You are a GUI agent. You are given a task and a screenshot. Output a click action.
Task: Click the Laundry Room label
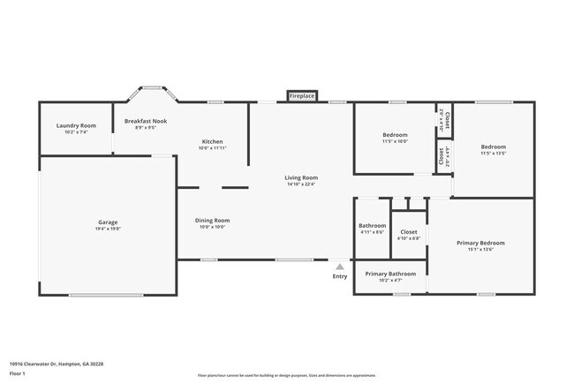76,126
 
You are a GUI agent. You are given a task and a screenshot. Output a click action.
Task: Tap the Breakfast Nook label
146,121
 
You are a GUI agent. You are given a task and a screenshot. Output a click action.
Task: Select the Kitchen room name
212,141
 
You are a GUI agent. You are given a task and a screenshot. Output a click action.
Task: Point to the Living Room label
301,177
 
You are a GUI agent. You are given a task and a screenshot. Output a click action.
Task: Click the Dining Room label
212,220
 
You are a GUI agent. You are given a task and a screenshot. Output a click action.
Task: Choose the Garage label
108,222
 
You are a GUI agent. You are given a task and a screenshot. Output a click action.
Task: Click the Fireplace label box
302,95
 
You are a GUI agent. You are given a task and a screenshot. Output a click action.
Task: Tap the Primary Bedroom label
480,243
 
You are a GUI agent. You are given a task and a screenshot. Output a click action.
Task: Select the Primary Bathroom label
389,274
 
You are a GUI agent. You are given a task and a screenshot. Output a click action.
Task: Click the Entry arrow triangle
340,266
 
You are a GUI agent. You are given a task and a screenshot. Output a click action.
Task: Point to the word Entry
340,277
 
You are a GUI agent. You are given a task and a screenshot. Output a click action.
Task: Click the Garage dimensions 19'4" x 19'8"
108,228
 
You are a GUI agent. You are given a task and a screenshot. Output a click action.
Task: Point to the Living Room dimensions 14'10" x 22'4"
301,184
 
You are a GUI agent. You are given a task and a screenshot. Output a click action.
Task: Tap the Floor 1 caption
17,373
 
